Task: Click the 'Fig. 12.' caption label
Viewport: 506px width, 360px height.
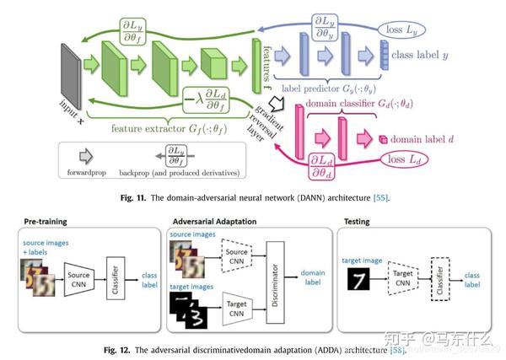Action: (x=119, y=348)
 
